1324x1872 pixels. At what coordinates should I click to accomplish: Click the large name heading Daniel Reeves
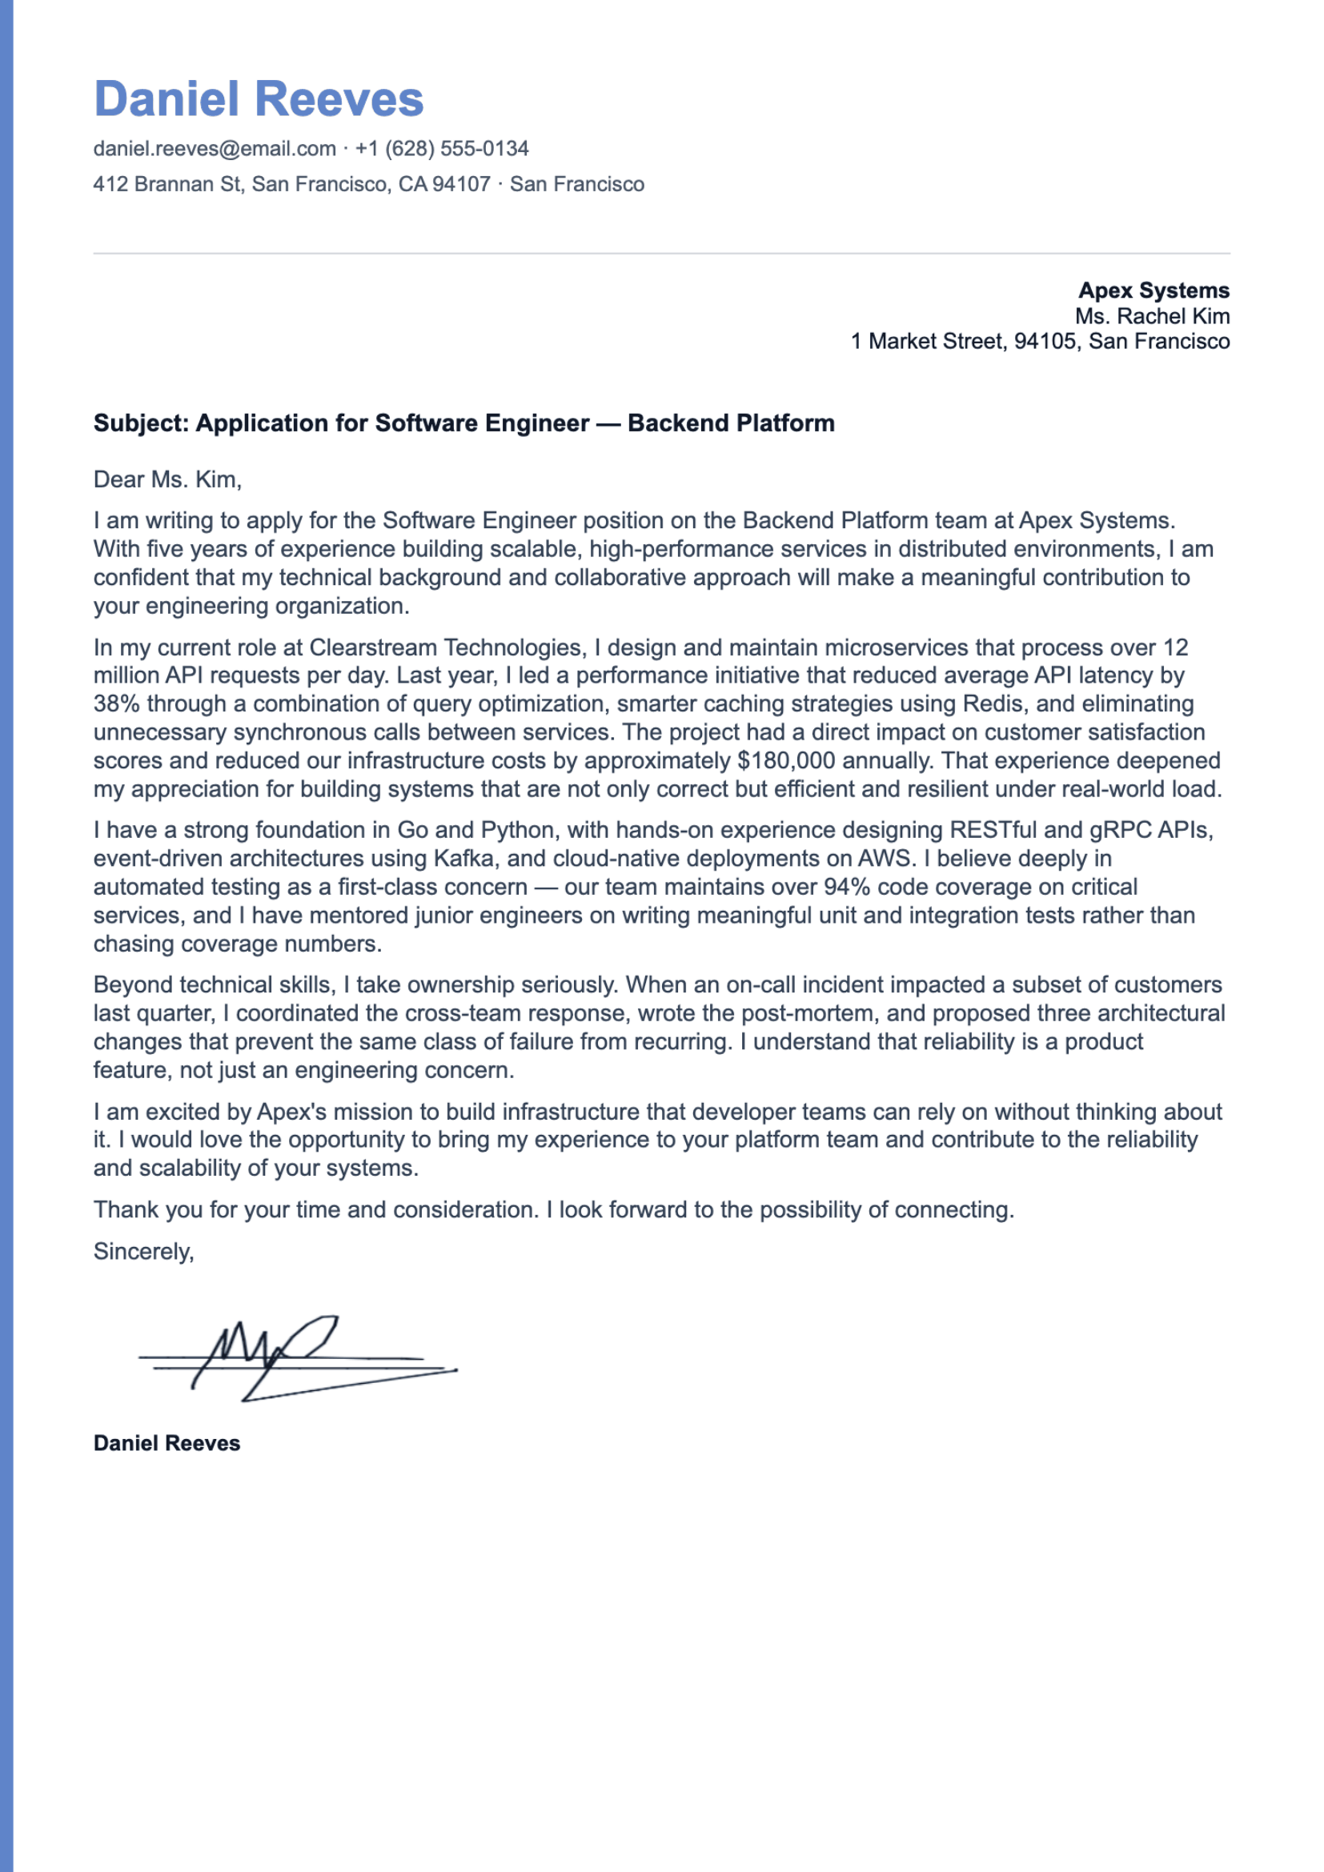pyautogui.click(x=259, y=99)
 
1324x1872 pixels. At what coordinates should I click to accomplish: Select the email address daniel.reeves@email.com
pyautogui.click(x=215, y=148)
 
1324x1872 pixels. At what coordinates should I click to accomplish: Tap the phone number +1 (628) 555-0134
pyautogui.click(x=442, y=148)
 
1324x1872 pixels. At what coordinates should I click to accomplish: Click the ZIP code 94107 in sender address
pyautogui.click(x=461, y=184)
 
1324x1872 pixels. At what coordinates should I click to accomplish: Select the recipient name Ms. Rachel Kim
pyautogui.click(x=1151, y=316)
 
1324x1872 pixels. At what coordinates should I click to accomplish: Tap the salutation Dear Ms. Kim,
pyautogui.click(x=167, y=479)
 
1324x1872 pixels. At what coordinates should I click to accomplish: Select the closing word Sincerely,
pyautogui.click(x=143, y=1252)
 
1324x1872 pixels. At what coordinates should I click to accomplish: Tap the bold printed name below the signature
pyautogui.click(x=167, y=1444)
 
